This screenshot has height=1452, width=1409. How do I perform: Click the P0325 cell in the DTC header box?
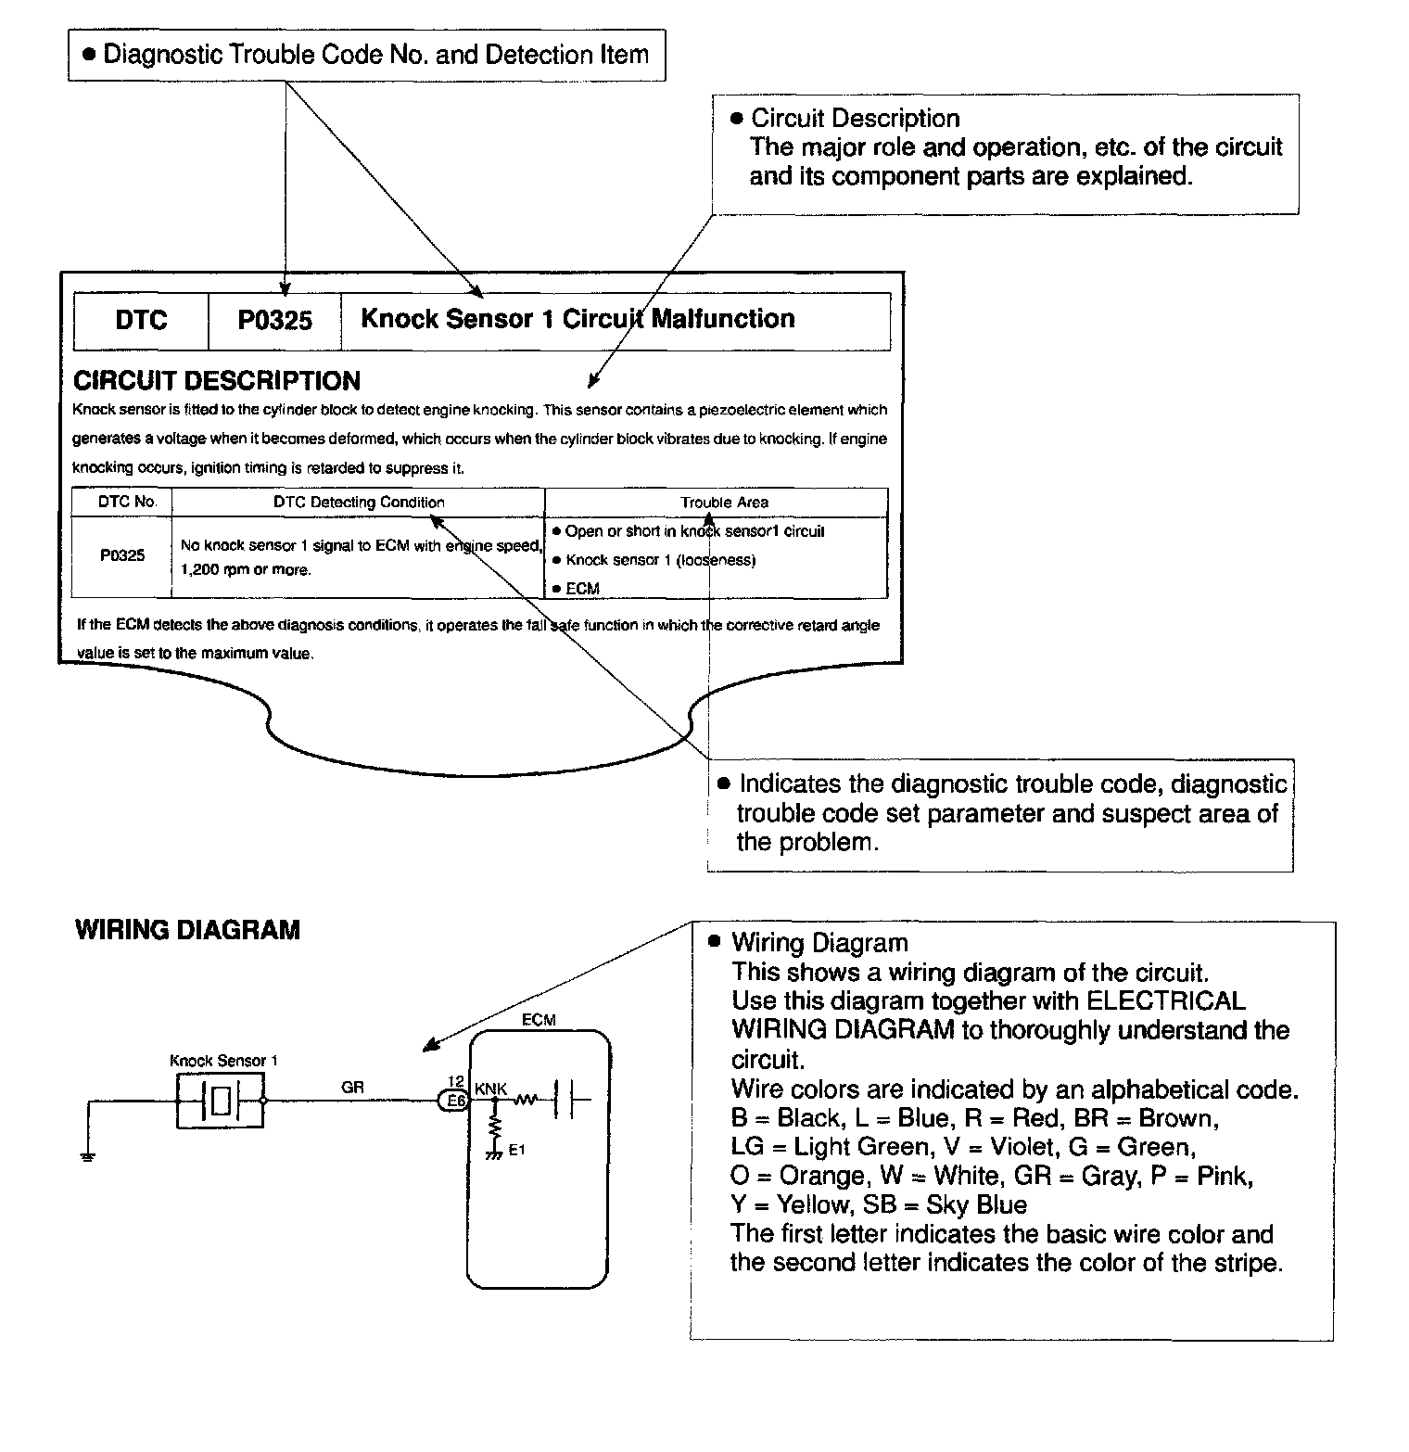tap(274, 321)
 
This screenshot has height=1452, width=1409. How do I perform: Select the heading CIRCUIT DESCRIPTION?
tap(217, 381)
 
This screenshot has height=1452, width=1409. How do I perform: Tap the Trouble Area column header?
tap(724, 503)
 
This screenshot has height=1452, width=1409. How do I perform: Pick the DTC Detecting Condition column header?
tap(359, 503)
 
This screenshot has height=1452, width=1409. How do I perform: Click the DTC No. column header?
tap(127, 502)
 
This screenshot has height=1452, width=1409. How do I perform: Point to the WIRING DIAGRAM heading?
tap(187, 930)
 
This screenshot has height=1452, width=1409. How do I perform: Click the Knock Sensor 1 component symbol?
tap(221, 1101)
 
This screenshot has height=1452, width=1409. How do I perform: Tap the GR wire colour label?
tap(352, 1088)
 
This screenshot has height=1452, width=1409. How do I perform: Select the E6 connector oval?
tap(454, 1101)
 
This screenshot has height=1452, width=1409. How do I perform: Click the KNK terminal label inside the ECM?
tap(490, 1088)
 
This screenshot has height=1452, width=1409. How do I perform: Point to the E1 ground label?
tap(516, 1151)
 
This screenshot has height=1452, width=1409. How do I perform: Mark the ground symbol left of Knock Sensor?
tap(88, 1156)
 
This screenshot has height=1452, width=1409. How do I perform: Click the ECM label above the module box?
tap(539, 1020)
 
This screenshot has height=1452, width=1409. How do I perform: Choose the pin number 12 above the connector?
tap(455, 1081)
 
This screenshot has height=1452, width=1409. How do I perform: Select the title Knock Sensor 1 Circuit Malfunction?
tap(578, 319)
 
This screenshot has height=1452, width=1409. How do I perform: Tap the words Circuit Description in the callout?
tap(855, 119)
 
